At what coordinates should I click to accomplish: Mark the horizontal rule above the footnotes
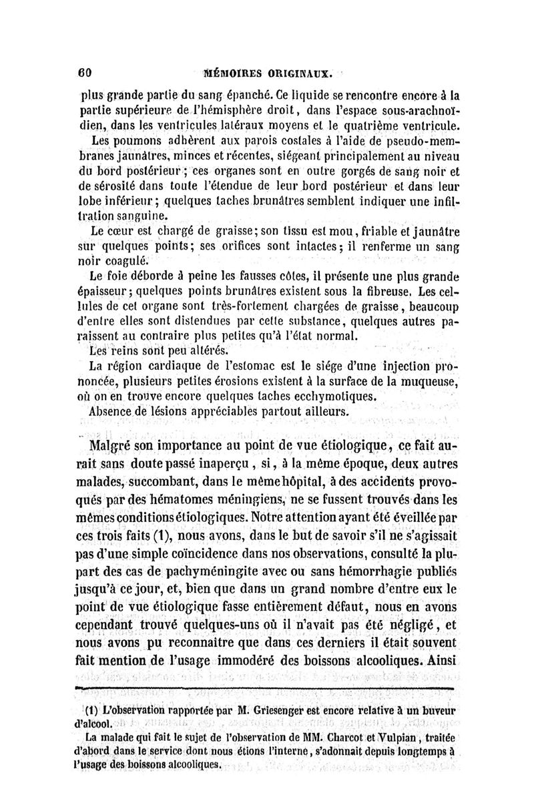[265, 686]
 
